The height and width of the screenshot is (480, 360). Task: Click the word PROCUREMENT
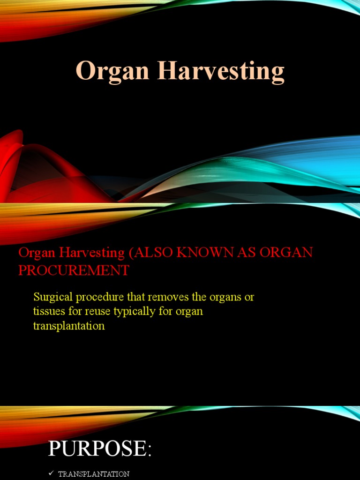(74, 270)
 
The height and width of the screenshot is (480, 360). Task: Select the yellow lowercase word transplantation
(69, 325)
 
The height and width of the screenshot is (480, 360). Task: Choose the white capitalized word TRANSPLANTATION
(94, 474)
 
